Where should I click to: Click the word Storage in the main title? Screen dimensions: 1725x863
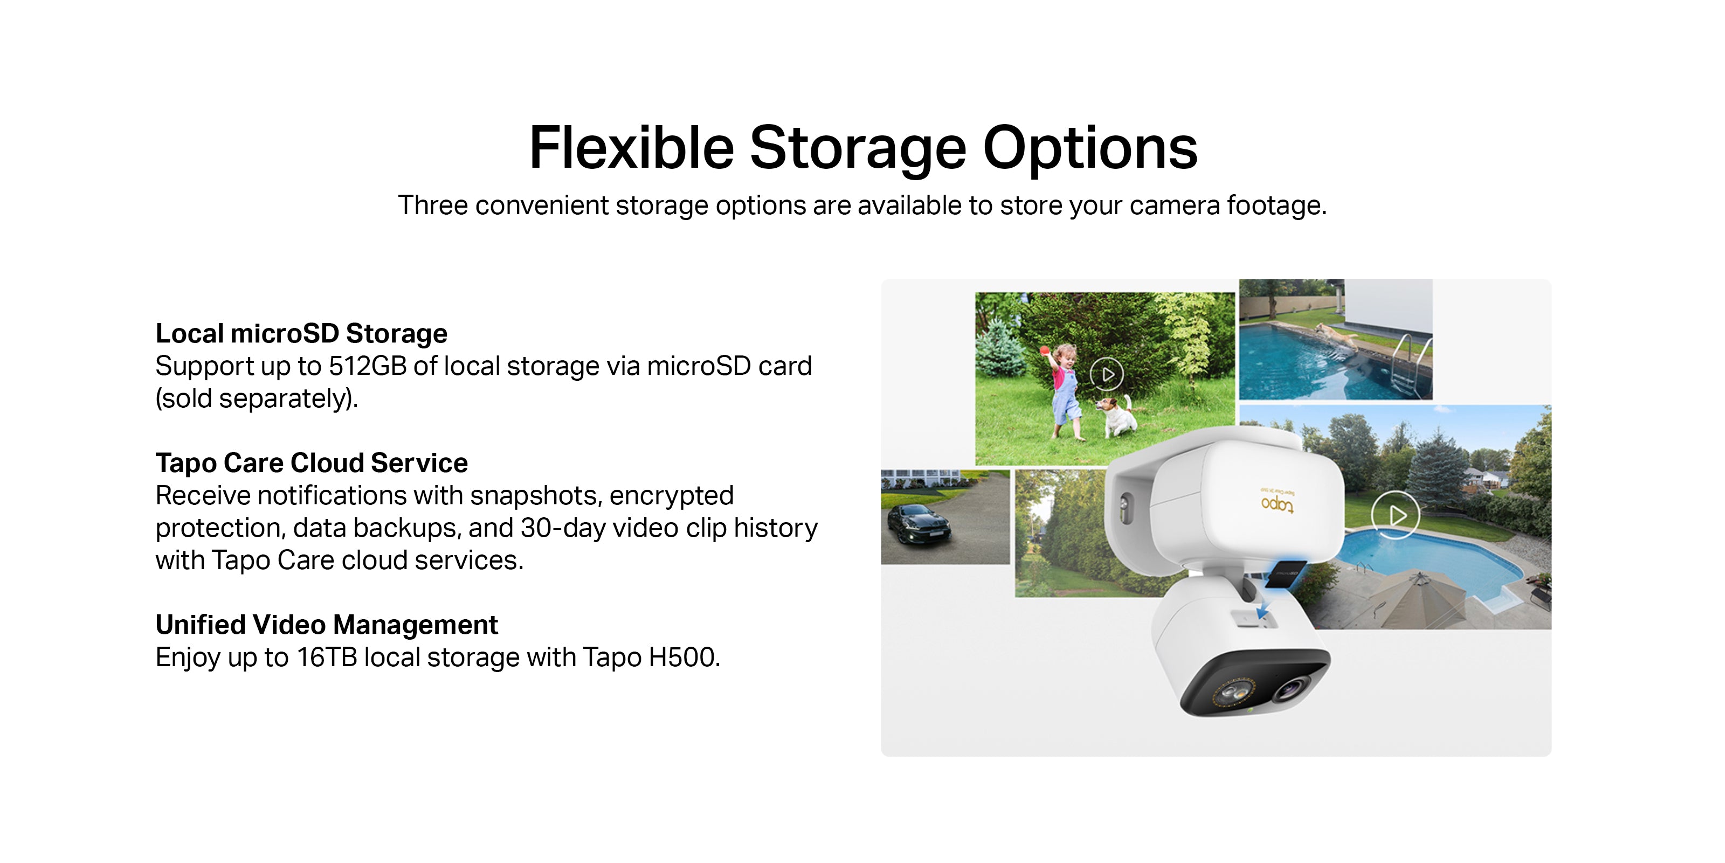857,149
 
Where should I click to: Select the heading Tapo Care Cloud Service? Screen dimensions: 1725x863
312,462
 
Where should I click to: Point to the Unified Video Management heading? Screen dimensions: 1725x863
327,625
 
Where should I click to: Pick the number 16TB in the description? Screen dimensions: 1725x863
327,657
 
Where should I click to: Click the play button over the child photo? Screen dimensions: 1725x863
1107,374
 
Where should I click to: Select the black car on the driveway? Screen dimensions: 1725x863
918,525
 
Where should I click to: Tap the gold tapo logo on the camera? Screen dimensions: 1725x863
1278,503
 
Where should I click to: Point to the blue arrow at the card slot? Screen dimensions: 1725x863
1263,609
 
